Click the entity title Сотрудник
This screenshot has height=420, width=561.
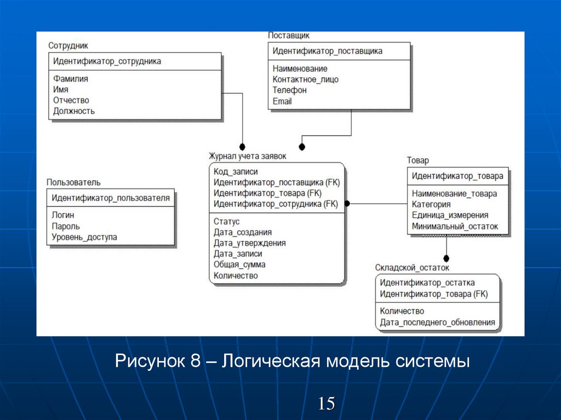pos(68,46)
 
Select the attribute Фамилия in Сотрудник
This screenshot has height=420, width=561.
pos(71,79)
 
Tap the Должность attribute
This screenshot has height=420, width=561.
pos(74,111)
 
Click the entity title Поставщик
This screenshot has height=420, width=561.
pos(289,36)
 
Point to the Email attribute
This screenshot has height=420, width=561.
pos(282,101)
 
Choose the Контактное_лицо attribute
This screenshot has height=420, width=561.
pos(305,79)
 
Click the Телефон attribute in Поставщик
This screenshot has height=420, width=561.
pos(289,90)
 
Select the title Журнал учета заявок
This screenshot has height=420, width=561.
pos(247,156)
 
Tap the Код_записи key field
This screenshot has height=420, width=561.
pos(236,171)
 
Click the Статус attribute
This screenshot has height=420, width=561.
pos(227,222)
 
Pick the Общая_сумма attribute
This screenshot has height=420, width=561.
pos(239,264)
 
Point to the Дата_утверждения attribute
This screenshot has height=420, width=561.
pos(249,243)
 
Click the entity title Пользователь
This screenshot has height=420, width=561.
pos(73,182)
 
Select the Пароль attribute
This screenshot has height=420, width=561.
pos(66,226)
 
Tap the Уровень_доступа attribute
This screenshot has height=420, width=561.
pos(84,237)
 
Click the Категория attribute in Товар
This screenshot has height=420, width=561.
pos(431,204)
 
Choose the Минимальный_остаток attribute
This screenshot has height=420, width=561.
pos(455,226)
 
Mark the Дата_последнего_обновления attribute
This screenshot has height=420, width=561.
pos(437,323)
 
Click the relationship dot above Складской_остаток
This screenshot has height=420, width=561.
pos(446,258)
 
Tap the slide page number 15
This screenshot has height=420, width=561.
pos(327,404)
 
